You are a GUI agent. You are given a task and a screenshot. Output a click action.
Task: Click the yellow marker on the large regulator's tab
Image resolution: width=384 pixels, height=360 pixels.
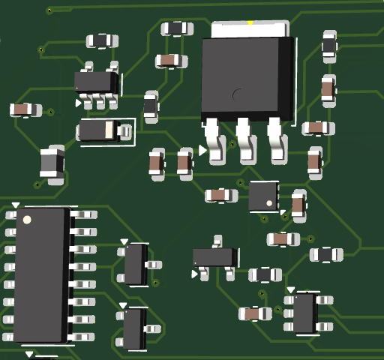(x=250, y=24)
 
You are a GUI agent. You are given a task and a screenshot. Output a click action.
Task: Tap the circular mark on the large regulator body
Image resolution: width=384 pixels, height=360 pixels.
(x=238, y=95)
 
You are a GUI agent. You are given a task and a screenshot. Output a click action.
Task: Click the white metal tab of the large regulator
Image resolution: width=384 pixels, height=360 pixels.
(x=250, y=30)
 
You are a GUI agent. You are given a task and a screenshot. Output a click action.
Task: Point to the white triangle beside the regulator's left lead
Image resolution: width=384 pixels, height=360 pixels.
(x=202, y=151)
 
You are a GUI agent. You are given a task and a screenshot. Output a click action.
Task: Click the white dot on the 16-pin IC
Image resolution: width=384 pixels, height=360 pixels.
(x=27, y=220)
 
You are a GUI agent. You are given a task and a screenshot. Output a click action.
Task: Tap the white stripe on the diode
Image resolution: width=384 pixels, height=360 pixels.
(x=110, y=130)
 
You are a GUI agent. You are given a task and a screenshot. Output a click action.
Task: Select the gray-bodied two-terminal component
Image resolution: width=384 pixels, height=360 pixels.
(x=52, y=163)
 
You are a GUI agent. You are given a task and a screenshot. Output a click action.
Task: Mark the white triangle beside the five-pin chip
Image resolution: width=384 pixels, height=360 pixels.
(x=79, y=103)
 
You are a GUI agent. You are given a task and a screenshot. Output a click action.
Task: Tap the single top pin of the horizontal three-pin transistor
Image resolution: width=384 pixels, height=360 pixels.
(x=218, y=240)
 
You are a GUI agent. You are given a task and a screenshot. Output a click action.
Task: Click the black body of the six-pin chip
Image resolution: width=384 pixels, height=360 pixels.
(x=304, y=313)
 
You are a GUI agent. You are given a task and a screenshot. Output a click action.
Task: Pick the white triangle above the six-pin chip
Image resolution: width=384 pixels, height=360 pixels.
(x=290, y=289)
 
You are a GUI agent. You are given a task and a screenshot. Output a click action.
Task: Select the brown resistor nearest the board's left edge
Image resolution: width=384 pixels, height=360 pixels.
(x=25, y=110)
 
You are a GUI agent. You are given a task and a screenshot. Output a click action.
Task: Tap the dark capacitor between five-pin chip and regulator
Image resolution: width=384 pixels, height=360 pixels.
(x=151, y=106)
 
